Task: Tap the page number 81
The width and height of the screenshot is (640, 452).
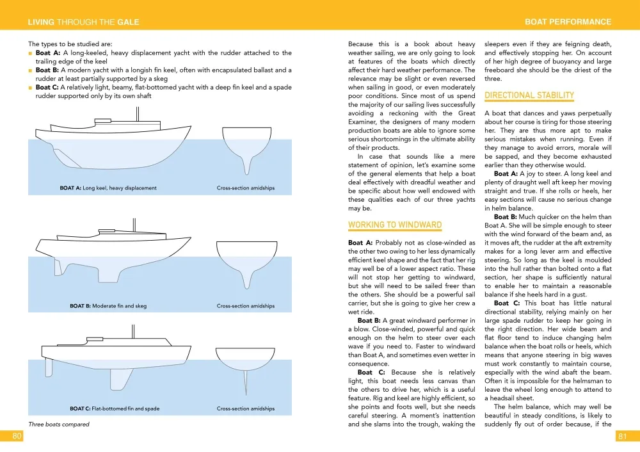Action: (x=622, y=436)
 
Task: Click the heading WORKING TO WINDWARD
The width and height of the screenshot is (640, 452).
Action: (x=395, y=225)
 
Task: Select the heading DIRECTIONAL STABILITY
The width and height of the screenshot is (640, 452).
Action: (x=529, y=95)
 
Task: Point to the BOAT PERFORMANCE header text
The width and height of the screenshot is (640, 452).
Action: (x=568, y=22)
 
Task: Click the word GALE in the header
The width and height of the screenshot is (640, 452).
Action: (x=128, y=22)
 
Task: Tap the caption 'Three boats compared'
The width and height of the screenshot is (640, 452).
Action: (x=59, y=424)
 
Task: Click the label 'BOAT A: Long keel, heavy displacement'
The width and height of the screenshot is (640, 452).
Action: (x=108, y=188)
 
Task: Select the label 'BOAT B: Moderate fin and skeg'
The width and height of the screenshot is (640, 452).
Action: (x=108, y=306)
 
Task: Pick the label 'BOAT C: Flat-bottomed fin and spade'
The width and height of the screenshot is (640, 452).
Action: (x=115, y=408)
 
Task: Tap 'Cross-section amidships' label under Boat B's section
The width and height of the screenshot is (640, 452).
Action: (x=245, y=306)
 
